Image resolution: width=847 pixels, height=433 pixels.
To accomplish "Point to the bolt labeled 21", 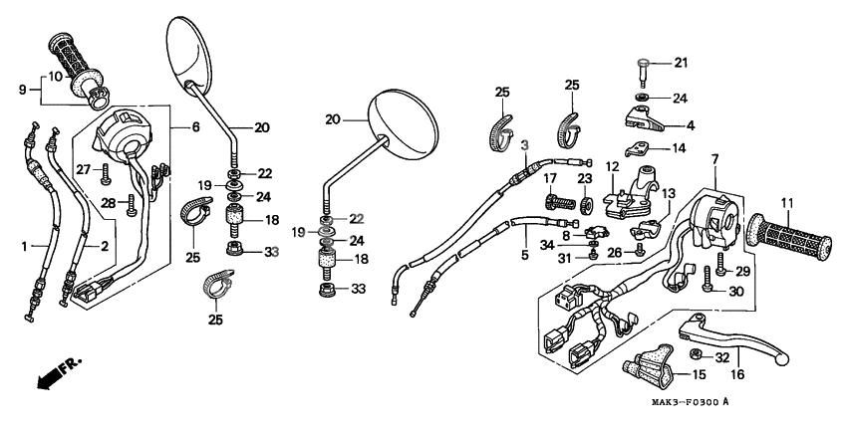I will point(644,72).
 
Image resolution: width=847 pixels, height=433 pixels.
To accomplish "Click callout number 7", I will point(714,159).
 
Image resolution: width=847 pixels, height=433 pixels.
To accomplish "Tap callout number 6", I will point(196,127).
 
